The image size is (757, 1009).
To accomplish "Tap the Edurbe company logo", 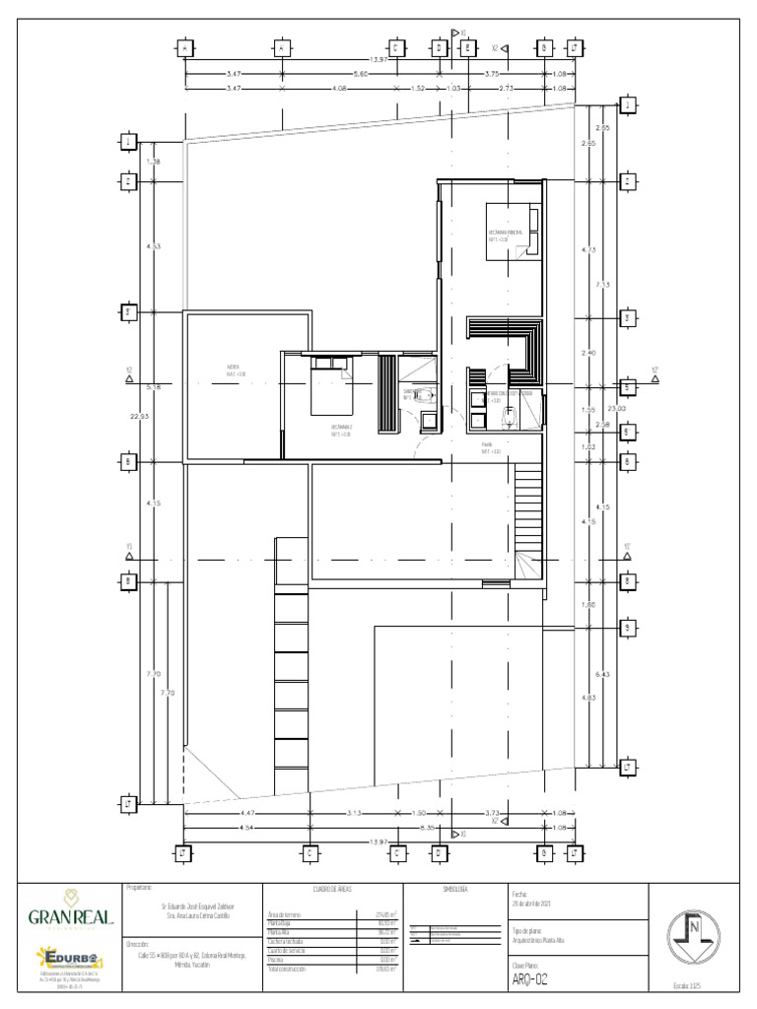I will pos(67,958).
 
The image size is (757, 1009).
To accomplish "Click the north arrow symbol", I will pos(694,931).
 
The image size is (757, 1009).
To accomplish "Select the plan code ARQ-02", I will pos(529,979).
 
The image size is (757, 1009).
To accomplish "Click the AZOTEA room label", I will pos(233,370).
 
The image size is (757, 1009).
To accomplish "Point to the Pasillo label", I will pos(491,447).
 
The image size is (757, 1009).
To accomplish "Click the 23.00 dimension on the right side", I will pos(615,408).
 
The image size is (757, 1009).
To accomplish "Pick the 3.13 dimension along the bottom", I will pos(356,813).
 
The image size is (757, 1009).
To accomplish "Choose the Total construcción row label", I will pos(288,970).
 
